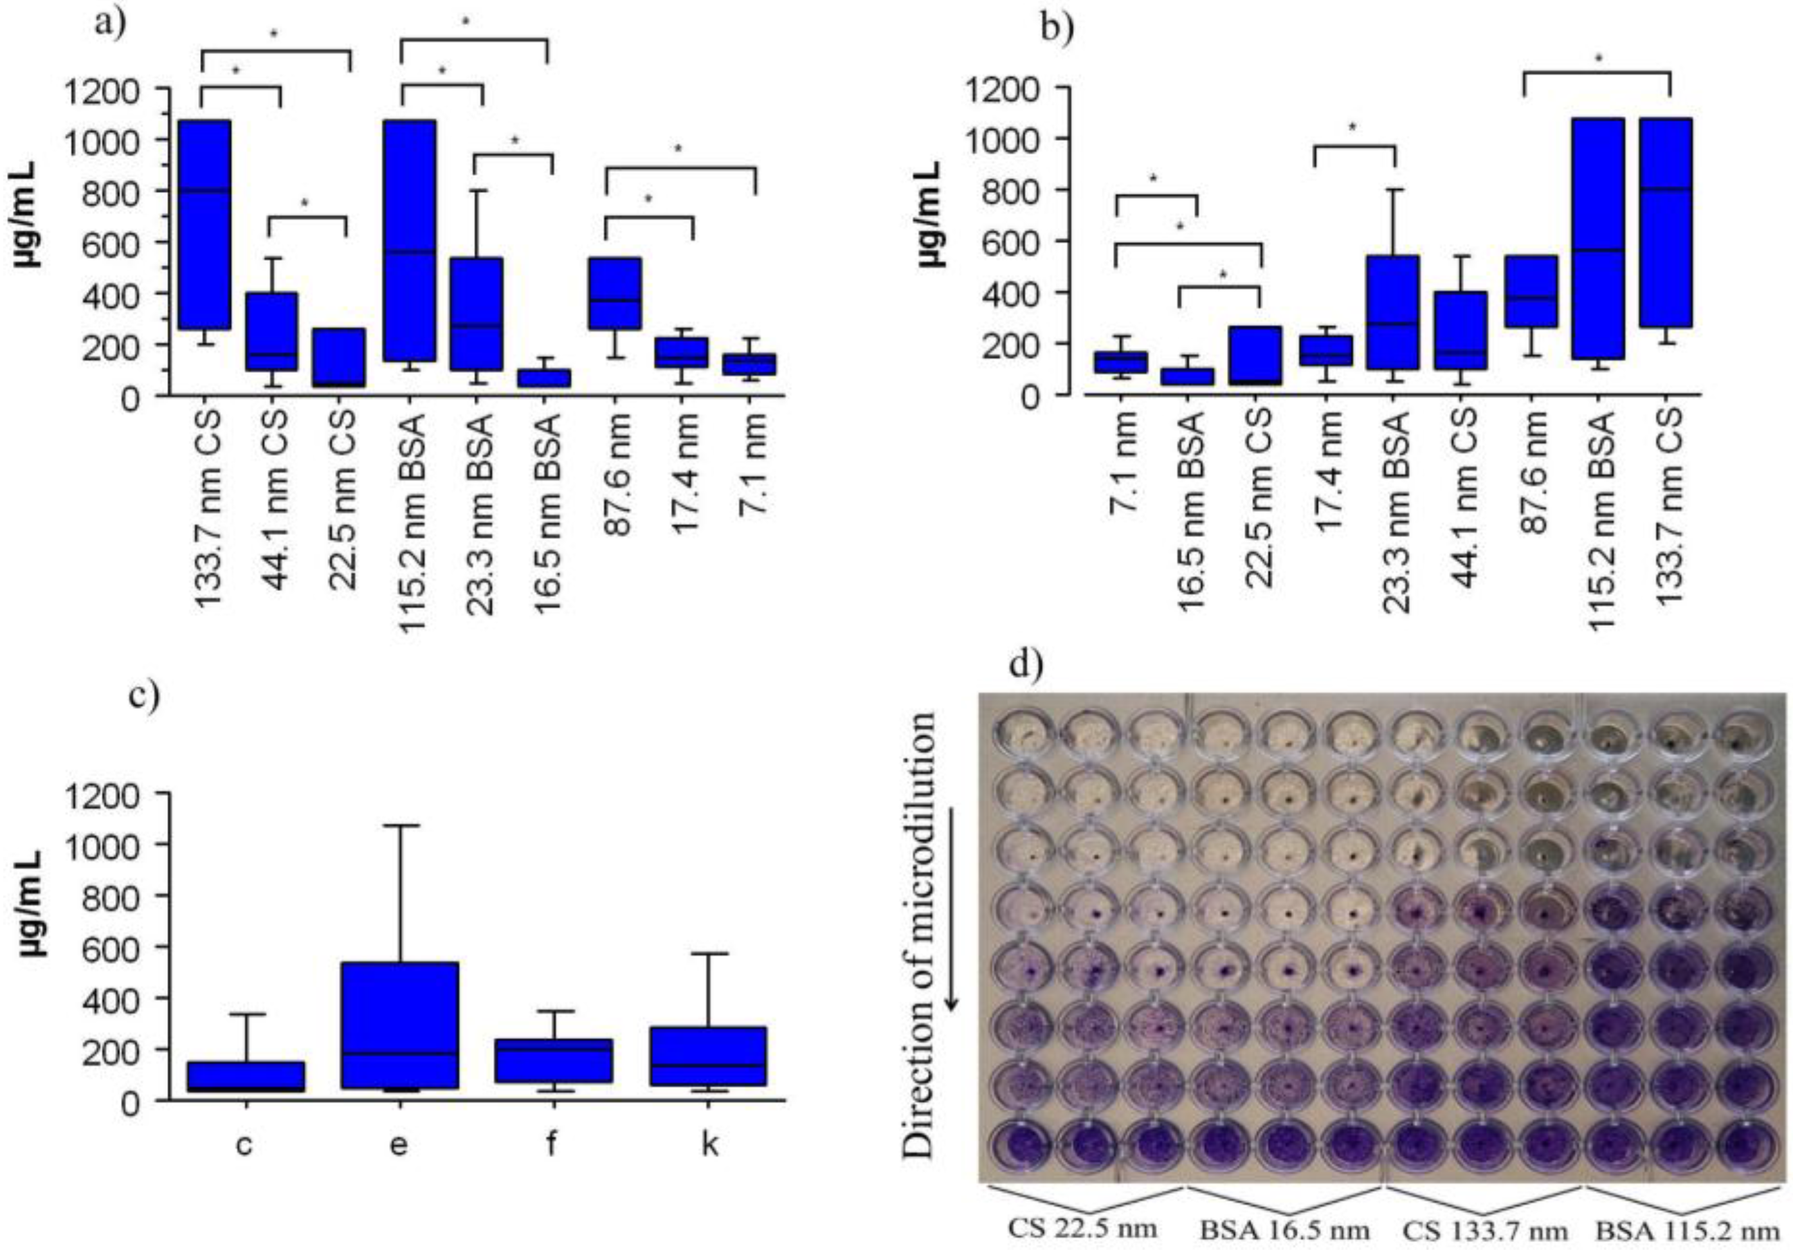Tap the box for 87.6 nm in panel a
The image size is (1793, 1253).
[615, 293]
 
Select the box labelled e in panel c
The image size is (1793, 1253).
[398, 1024]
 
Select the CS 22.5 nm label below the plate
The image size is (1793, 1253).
[1082, 1227]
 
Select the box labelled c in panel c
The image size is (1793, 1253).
[245, 1075]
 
